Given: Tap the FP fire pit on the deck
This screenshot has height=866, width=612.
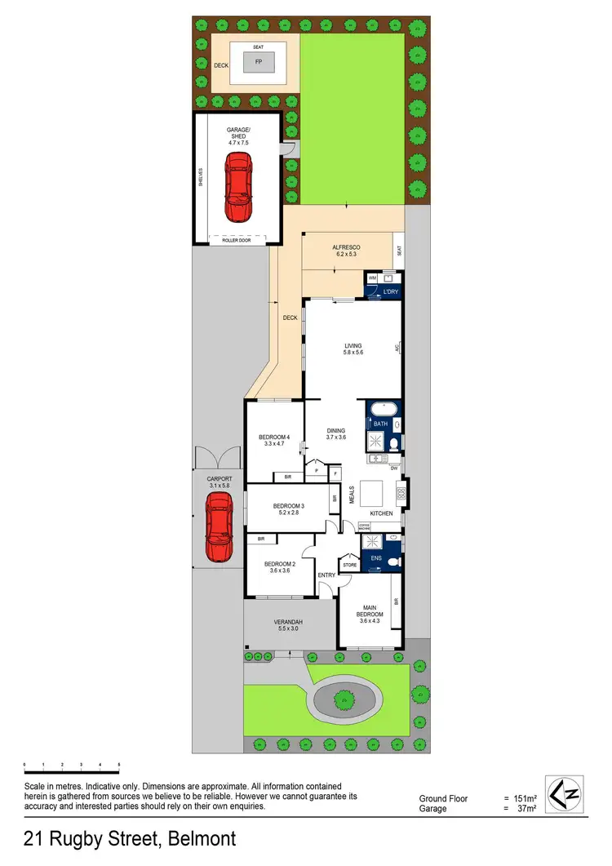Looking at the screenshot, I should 259,61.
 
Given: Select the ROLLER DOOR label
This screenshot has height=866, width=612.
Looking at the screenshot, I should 237,240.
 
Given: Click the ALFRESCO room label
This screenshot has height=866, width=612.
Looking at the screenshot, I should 346,250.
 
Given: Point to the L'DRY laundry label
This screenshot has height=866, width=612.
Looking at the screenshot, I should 389,291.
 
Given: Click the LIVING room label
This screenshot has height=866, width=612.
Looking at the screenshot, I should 353,349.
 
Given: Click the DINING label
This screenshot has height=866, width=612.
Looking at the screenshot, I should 336,433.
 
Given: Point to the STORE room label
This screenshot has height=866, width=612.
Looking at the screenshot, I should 349,564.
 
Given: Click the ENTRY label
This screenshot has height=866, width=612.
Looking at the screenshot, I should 326,575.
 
